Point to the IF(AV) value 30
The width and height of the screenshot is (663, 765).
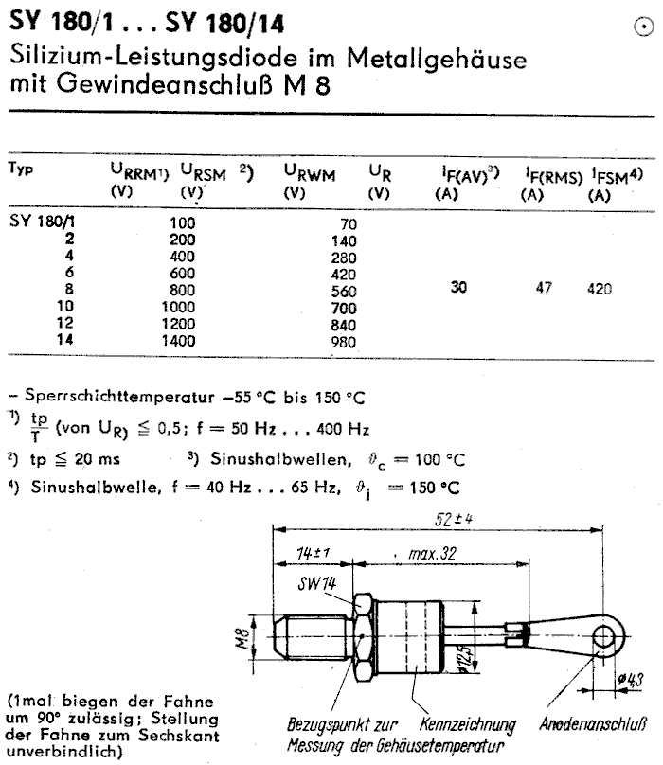(x=458, y=289)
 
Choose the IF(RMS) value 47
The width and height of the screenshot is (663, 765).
(x=543, y=289)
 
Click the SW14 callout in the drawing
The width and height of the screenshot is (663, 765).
(x=317, y=584)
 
